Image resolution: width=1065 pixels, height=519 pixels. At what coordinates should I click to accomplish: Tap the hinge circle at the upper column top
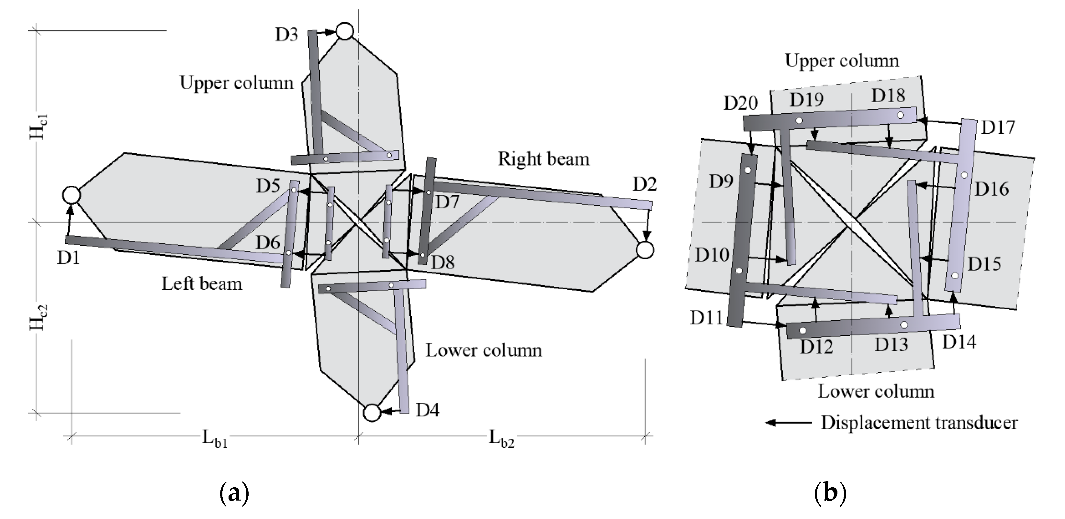(x=344, y=31)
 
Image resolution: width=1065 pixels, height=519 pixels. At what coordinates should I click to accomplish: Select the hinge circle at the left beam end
(x=72, y=195)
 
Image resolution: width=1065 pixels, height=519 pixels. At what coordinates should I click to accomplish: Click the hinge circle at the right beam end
(x=645, y=250)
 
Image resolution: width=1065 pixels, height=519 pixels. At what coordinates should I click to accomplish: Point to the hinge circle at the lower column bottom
(x=372, y=413)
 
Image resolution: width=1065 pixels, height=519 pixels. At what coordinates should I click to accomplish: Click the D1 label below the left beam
(x=68, y=258)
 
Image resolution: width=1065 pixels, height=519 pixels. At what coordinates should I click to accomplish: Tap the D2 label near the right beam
(x=645, y=184)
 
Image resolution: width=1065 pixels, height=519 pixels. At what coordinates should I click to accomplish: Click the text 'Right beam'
(x=543, y=159)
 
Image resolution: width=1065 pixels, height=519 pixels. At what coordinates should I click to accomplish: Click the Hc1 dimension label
(x=39, y=127)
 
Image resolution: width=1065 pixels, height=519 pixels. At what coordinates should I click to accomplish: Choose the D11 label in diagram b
(x=706, y=318)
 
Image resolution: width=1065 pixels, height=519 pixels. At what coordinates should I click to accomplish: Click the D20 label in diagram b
(x=740, y=103)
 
